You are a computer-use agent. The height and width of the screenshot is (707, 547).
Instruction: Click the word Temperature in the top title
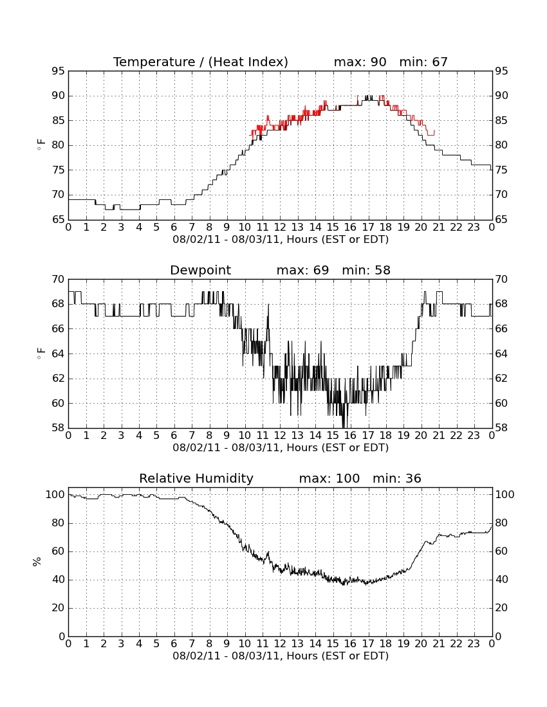[154, 62]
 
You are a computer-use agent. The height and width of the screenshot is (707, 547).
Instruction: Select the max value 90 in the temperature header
[378, 62]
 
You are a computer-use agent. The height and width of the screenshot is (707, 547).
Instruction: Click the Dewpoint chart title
[200, 270]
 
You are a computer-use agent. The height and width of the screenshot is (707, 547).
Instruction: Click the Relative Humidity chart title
[196, 478]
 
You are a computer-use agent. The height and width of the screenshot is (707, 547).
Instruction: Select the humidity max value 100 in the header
[348, 478]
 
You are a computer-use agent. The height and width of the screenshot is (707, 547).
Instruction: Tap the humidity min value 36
[413, 478]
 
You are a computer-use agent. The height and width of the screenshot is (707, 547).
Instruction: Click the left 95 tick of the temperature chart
[59, 71]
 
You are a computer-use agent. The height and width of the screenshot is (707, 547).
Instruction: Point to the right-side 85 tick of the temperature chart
[501, 120]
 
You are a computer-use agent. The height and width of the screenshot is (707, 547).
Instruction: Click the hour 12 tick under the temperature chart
[280, 227]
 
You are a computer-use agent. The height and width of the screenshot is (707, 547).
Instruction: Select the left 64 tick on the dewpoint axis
[59, 354]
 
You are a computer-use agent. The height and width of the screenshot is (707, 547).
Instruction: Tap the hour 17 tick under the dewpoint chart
[368, 435]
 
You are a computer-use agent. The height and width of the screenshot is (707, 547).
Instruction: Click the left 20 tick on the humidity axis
[59, 608]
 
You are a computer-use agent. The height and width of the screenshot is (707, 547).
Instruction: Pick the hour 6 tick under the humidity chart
[174, 643]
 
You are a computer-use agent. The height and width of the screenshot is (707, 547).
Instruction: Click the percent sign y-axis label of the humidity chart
[37, 562]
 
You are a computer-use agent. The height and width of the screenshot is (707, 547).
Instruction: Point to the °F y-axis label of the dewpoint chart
[41, 353]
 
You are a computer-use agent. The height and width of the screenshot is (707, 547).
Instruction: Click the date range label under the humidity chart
[281, 656]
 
